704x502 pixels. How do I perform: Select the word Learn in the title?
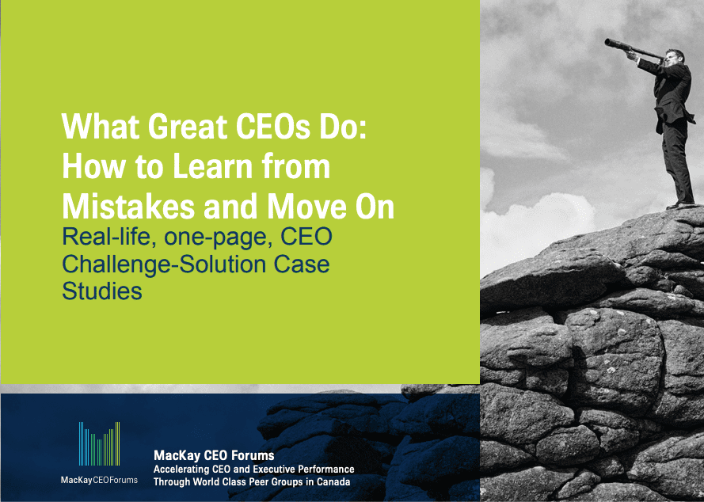(x=213, y=166)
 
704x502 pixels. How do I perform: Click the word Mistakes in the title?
(x=128, y=206)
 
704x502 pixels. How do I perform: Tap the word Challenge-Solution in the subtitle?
(x=164, y=265)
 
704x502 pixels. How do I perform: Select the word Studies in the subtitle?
(x=102, y=291)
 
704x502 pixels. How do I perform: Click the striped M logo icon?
(x=99, y=443)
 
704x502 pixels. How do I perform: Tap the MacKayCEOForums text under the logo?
(x=99, y=480)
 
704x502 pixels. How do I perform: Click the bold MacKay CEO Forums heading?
(x=214, y=456)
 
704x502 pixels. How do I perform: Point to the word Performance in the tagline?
(x=326, y=470)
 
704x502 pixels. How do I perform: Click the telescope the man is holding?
(x=633, y=48)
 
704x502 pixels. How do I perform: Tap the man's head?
(x=675, y=57)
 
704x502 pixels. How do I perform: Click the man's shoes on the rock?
(x=681, y=205)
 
